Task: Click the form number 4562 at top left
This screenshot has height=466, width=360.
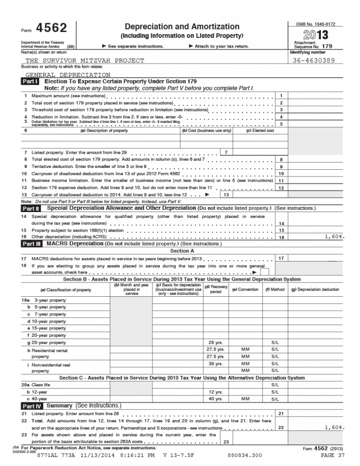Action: tap(52, 29)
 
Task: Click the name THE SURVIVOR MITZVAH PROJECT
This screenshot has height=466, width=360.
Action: tap(85, 60)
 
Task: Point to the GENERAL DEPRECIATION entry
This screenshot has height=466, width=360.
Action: tap(67, 74)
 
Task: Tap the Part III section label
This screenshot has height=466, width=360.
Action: tap(32, 244)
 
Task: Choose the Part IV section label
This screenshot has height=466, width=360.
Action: tap(32, 405)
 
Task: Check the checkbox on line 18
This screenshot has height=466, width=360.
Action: tap(264, 272)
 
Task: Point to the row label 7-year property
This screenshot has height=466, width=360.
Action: tap(49, 314)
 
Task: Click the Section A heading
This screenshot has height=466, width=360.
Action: tap(182, 251)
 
